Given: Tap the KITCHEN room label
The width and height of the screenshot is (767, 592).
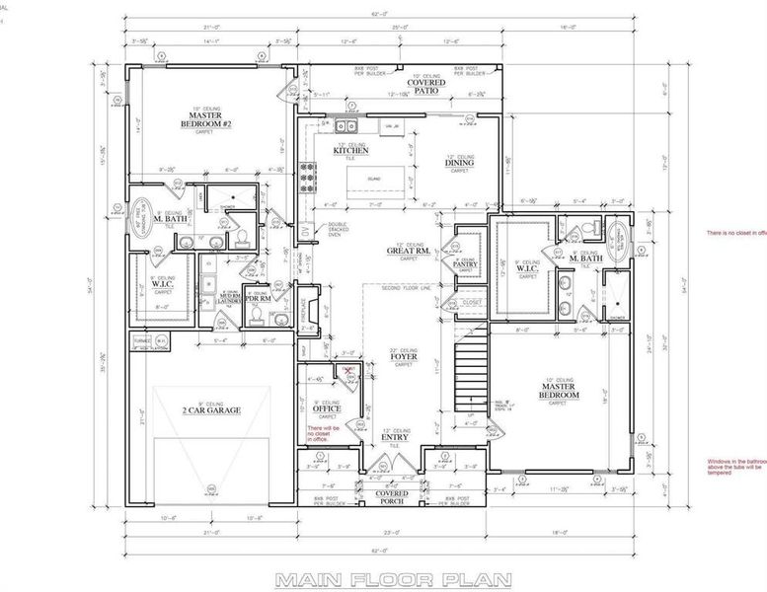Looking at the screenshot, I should coord(351,151).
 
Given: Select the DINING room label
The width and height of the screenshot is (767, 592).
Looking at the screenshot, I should coord(459,164).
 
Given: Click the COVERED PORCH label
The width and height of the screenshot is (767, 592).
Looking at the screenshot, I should coord(393,497).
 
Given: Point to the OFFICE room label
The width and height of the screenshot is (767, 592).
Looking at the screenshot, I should coord(327,408).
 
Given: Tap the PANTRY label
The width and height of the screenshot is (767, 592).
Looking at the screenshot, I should coord(465,264).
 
